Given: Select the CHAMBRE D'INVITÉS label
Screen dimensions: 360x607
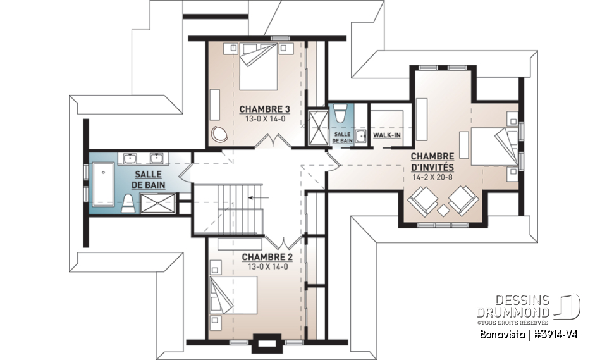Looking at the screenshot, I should click(432, 161).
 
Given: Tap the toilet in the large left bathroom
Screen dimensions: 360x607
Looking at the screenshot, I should click(128, 202).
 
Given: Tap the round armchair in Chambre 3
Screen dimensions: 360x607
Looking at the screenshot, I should click(221, 133).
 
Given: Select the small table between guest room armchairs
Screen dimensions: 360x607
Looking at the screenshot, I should click(443, 209).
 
